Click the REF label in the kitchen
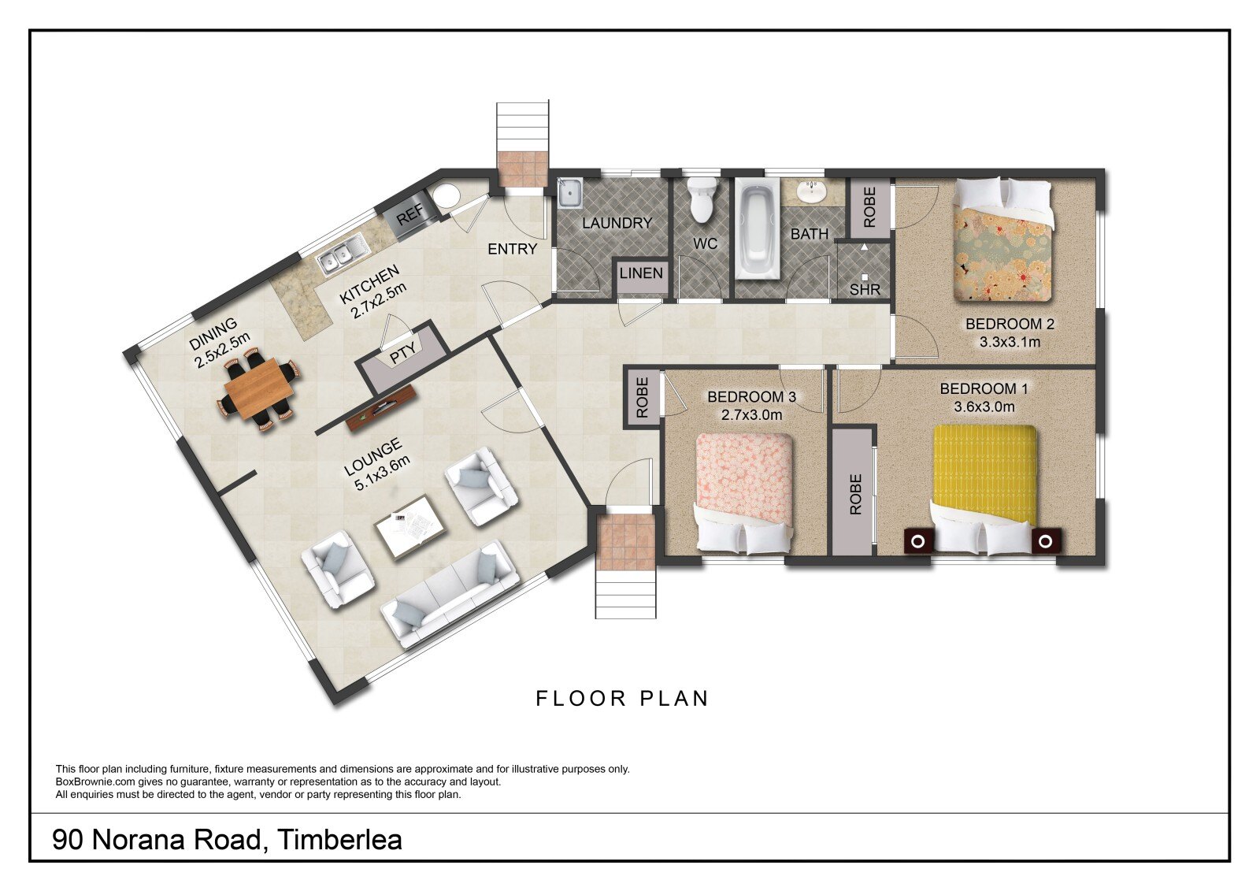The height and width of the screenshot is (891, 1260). coord(410,213)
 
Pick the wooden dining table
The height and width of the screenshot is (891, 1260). coord(258,388)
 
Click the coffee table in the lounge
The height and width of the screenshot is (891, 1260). coord(409,527)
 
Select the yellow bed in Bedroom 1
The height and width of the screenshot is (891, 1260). coord(984,486)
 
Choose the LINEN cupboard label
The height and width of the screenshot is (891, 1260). coord(641,273)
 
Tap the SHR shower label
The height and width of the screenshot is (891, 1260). coord(865,290)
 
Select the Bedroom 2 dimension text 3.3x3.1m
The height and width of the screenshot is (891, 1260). coord(1010,342)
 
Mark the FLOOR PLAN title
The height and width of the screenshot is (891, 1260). coord(622,699)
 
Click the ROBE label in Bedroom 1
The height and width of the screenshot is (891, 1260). coord(855,494)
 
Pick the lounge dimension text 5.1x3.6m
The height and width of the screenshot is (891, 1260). coord(383,474)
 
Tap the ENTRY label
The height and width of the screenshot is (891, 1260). coord(512,249)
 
